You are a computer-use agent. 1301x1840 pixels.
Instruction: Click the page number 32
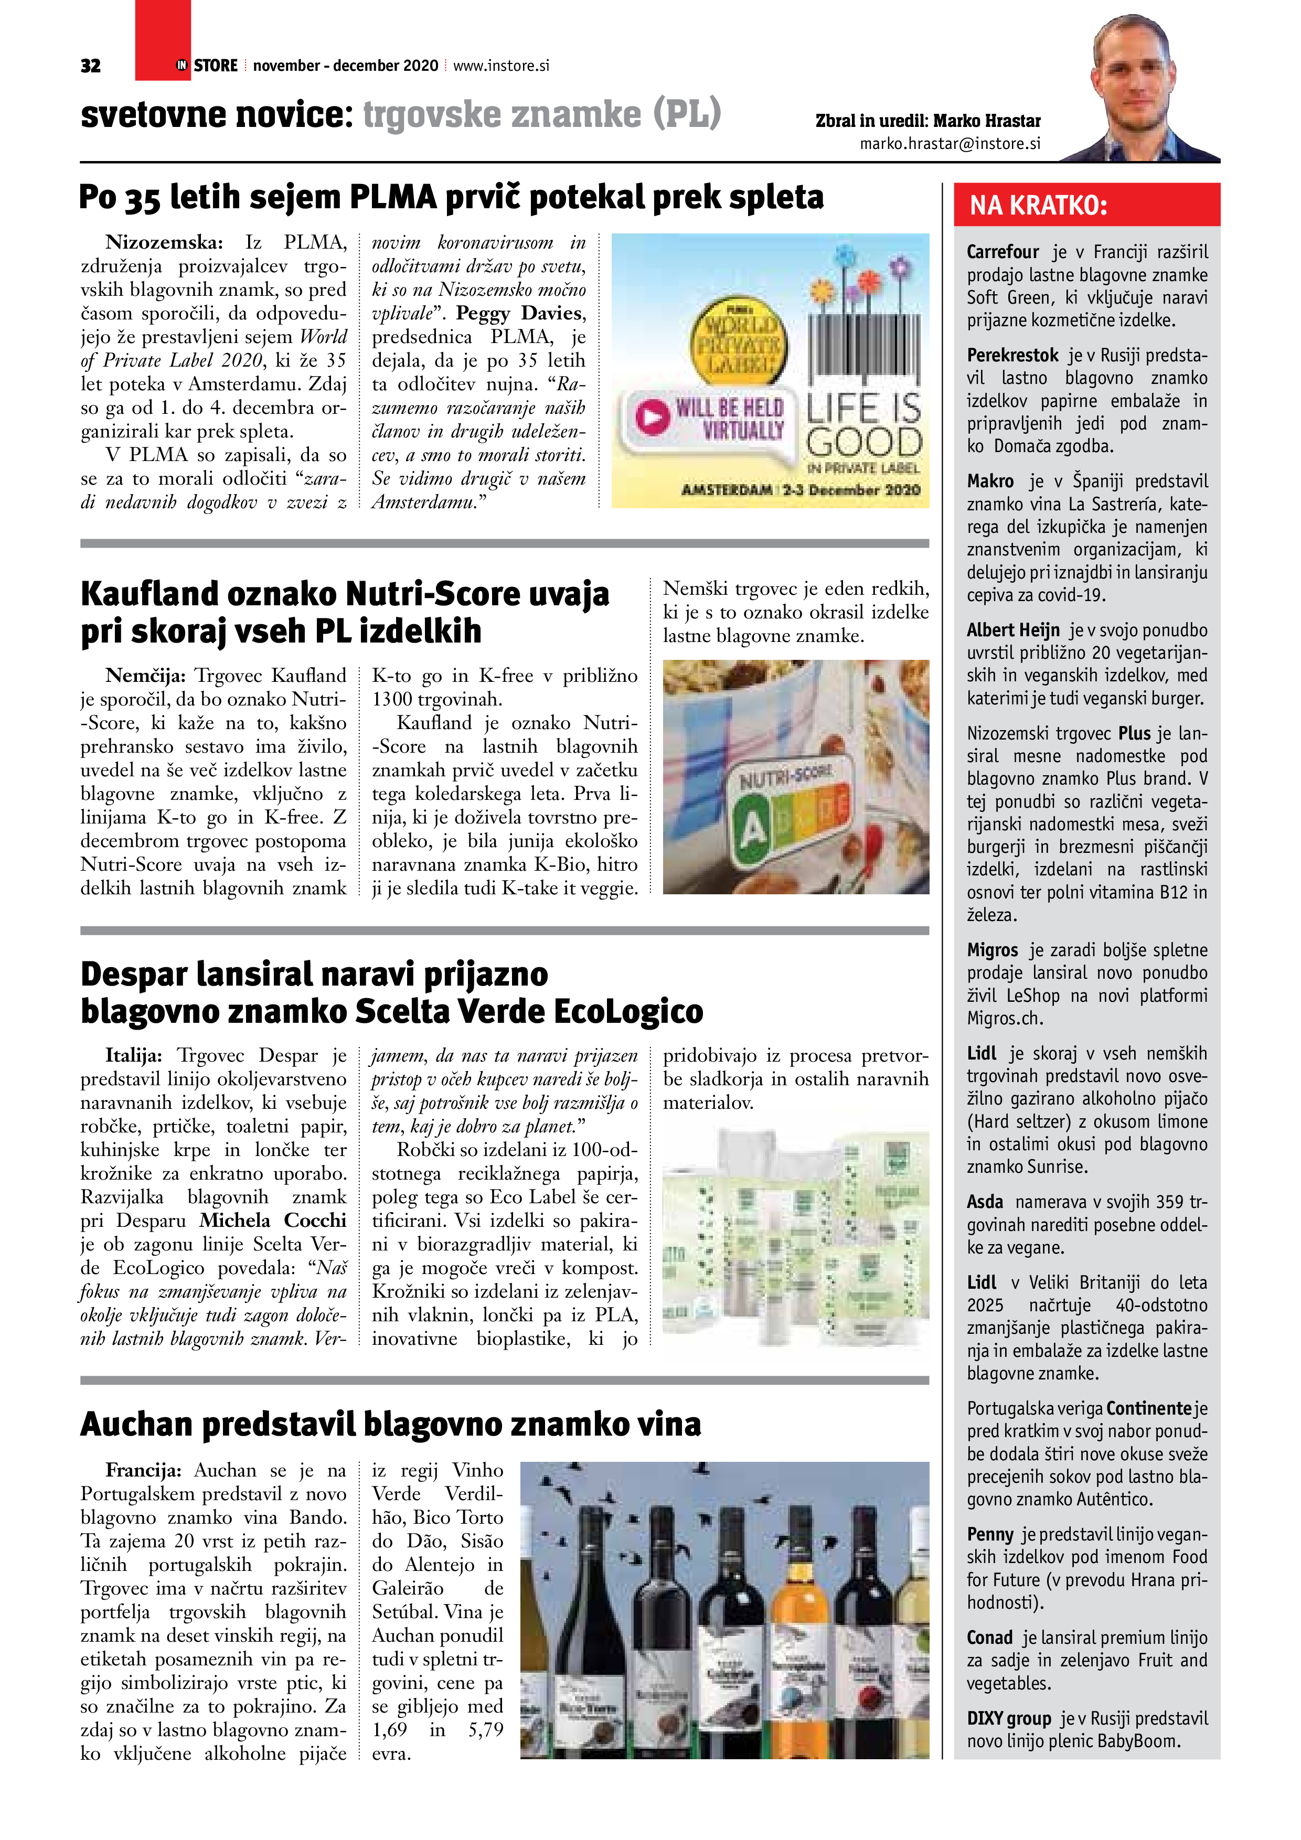tap(91, 66)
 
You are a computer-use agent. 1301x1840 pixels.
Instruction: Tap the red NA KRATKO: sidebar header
tap(1086, 205)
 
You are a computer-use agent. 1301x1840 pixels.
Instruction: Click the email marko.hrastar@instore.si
tap(950, 143)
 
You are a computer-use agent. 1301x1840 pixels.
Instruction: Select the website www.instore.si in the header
tap(501, 66)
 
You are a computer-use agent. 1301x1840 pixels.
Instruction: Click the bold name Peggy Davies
tap(520, 313)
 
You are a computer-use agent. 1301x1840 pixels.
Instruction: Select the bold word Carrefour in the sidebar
tap(1002, 252)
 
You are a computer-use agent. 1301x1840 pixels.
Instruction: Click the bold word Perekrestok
tap(1012, 356)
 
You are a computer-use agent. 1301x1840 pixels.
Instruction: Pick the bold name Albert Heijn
tap(1012, 630)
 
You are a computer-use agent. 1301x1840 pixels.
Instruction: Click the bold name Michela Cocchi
tap(273, 1221)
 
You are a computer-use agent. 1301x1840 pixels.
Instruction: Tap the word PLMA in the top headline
tap(393, 197)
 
